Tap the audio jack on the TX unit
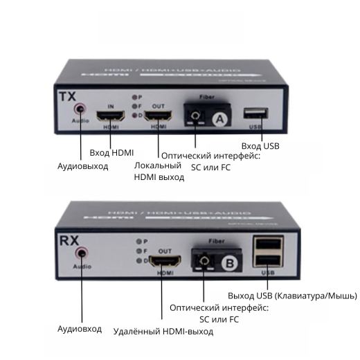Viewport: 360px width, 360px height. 82,109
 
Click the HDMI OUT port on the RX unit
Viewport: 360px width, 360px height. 165,262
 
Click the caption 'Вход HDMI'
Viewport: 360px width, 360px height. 111,152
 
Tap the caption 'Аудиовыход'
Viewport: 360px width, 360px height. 82,166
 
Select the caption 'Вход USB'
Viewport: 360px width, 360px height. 260,146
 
